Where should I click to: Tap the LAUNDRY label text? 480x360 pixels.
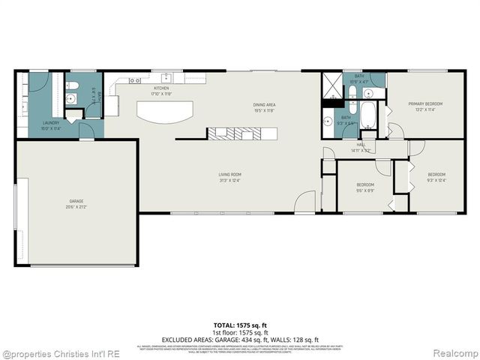pyautogui.click(x=51, y=122)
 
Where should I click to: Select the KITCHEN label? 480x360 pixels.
pyautogui.click(x=162, y=89)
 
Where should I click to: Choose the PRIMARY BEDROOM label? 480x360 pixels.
pyautogui.click(x=425, y=103)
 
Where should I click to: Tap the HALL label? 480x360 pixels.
pyautogui.click(x=361, y=145)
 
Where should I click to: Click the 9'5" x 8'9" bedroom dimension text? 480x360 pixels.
pyautogui.click(x=365, y=189)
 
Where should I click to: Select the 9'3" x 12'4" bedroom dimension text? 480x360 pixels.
pyautogui.click(x=436, y=179)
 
